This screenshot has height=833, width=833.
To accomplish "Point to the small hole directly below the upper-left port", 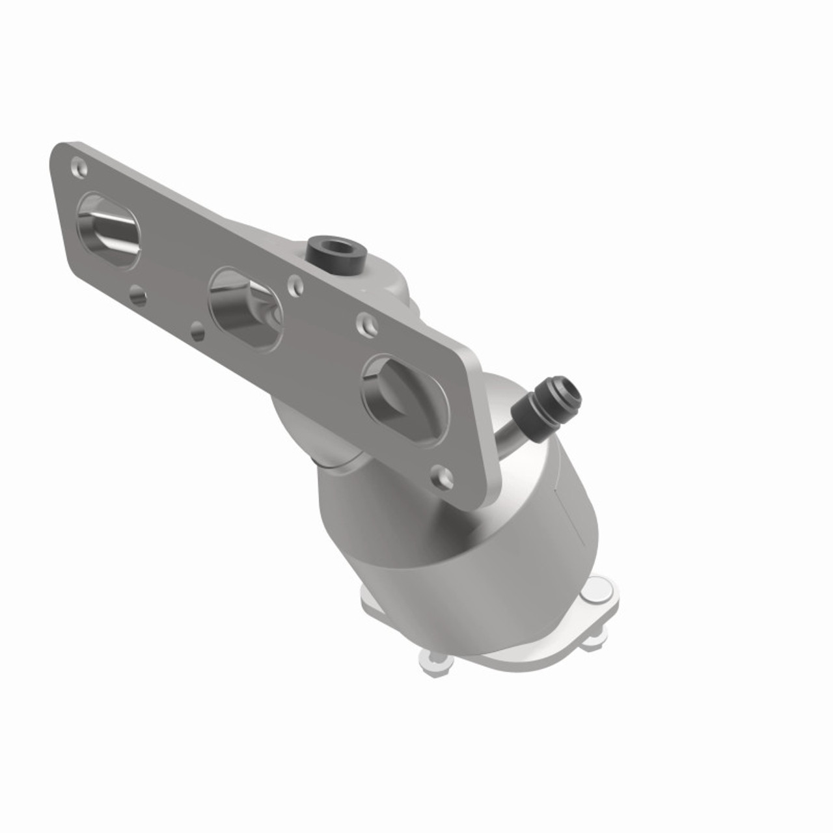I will click(x=137, y=297).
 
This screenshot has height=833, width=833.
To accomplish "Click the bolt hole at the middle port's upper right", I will click(x=296, y=284).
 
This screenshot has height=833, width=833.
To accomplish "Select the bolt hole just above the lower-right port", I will click(x=366, y=321).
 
